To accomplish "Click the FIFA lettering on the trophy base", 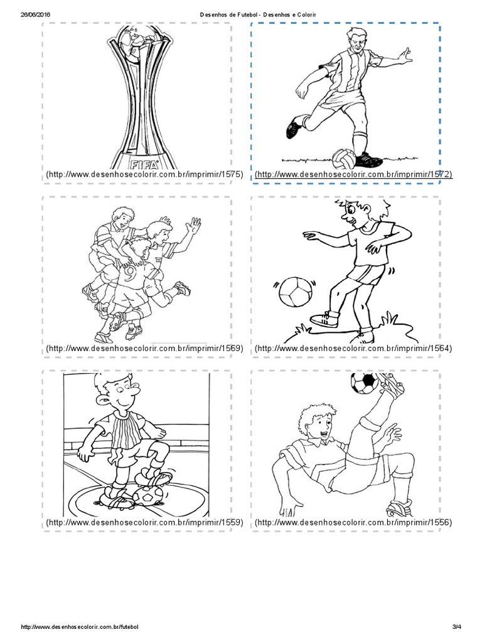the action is pyautogui.click(x=144, y=165).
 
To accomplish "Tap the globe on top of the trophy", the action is pyautogui.click(x=142, y=39).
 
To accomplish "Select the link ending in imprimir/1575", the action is pyautogui.click(x=145, y=175).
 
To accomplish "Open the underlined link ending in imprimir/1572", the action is pyautogui.click(x=353, y=175).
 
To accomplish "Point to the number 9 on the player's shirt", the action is pyautogui.click(x=130, y=273).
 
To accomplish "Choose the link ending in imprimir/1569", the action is pyautogui.click(x=145, y=349).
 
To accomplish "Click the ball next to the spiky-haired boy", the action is pyautogui.click(x=294, y=291).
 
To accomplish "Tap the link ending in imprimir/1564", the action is pyautogui.click(x=353, y=349).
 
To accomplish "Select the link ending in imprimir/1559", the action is pyautogui.click(x=145, y=522).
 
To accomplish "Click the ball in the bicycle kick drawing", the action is pyautogui.click(x=365, y=382).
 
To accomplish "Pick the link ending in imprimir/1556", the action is pyautogui.click(x=353, y=522).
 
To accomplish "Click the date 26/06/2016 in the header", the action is pyautogui.click(x=35, y=14).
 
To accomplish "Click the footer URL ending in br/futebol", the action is pyautogui.click(x=80, y=627).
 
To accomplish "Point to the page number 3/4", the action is pyautogui.click(x=457, y=627).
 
